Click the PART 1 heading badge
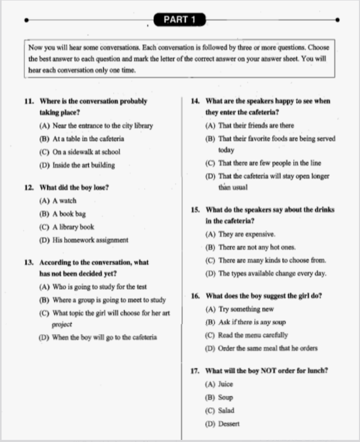point(179,20)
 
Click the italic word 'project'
point(62,324)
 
